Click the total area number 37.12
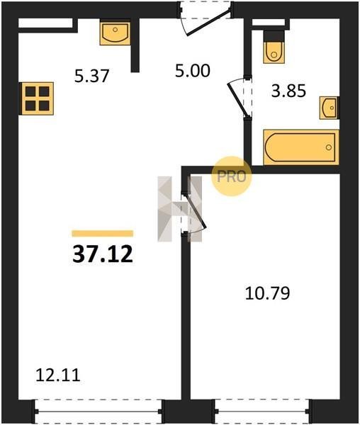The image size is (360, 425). pyautogui.click(x=103, y=254)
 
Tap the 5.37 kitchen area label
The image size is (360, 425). pyautogui.click(x=91, y=76)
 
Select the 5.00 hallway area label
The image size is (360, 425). pyautogui.click(x=193, y=70)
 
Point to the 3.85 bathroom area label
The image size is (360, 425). pyautogui.click(x=288, y=91)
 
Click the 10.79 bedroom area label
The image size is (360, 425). pyautogui.click(x=268, y=293)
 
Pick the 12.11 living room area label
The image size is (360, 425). pyautogui.click(x=58, y=375)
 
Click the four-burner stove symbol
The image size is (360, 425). pyautogui.click(x=37, y=98)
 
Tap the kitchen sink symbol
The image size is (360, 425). pyautogui.click(x=115, y=33)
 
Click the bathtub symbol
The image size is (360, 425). pyautogui.click(x=301, y=147)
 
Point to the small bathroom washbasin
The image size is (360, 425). pyautogui.click(x=329, y=108)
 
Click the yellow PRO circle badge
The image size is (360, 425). pyautogui.click(x=232, y=176)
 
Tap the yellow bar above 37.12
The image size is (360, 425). pyautogui.click(x=103, y=233)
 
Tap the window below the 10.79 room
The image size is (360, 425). pyautogui.click(x=262, y=412)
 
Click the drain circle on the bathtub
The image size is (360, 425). pyautogui.click(x=329, y=147)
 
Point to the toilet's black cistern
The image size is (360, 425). pyautogui.click(x=274, y=36)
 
